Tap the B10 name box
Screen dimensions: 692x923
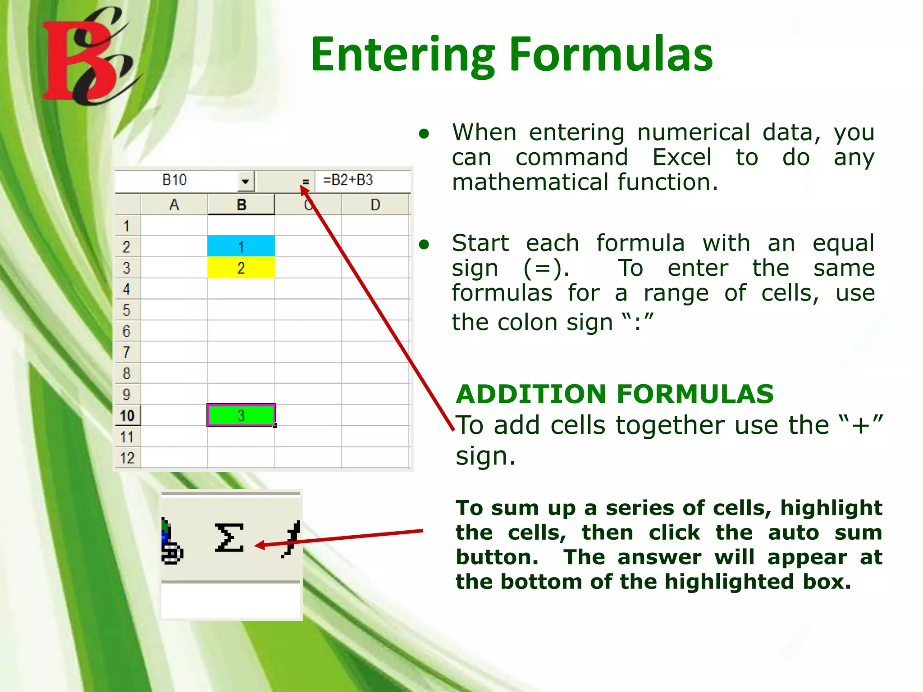coord(174,180)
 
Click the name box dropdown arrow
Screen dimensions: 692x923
coord(245,181)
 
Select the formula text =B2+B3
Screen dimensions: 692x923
coord(348,180)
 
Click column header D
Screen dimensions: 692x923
coord(375,205)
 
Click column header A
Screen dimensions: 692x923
coord(174,205)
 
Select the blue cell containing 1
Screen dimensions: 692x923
coord(241,246)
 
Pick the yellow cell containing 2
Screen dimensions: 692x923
coord(241,268)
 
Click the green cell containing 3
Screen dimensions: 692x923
coord(241,415)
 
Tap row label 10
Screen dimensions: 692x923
coord(127,415)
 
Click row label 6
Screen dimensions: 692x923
coord(127,332)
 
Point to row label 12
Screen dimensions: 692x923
coord(127,458)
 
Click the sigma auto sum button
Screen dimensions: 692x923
coord(229,537)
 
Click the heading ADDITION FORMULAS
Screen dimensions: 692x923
coord(614,394)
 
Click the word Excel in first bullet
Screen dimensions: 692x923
coord(681,157)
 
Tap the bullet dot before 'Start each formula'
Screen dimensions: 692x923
coord(424,245)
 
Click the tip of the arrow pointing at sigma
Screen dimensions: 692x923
coord(256,546)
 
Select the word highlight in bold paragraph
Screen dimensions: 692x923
coord(831,508)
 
